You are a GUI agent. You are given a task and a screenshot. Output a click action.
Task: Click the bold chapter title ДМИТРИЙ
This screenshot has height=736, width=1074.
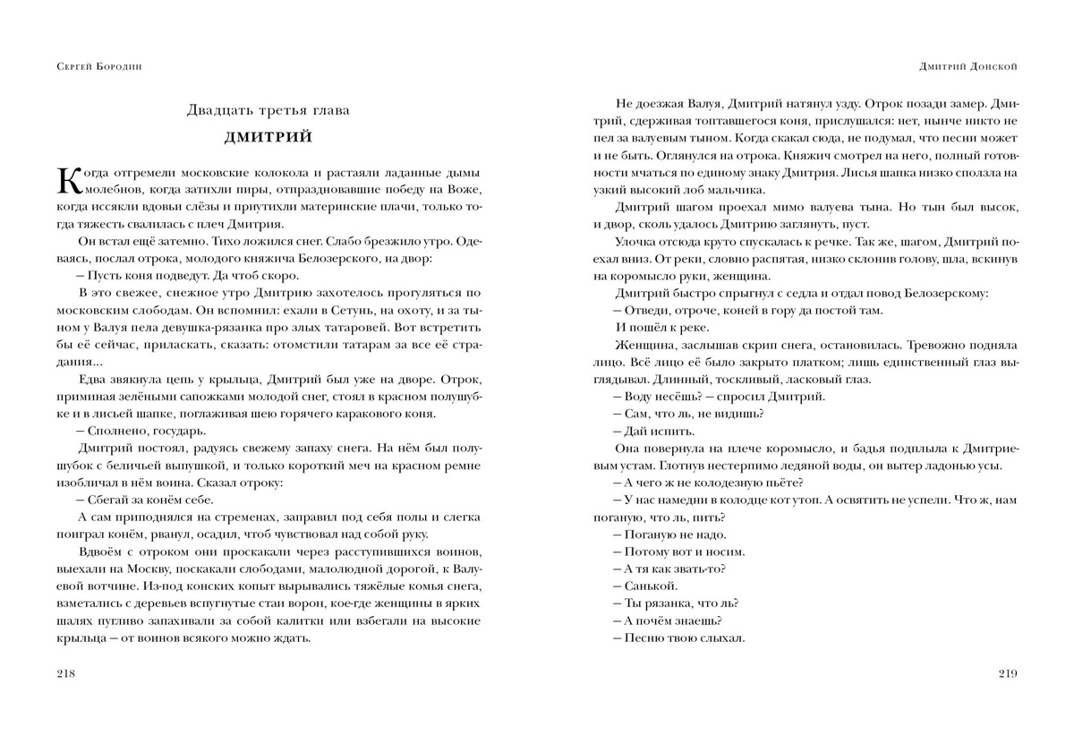coord(268,137)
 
